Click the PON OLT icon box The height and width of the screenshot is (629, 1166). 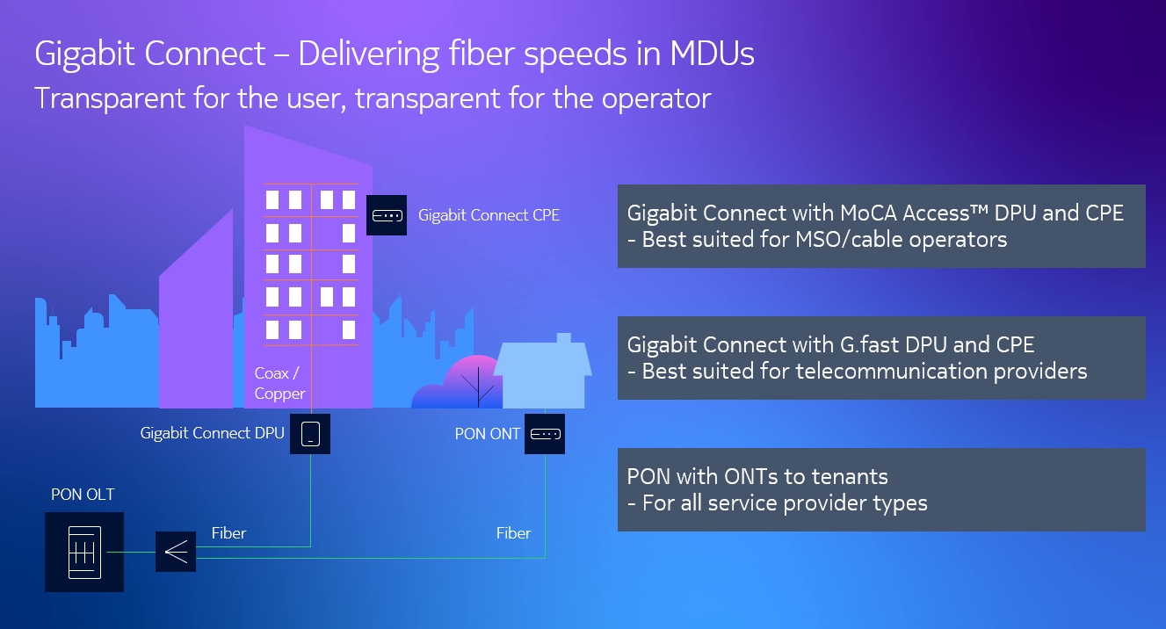(x=84, y=552)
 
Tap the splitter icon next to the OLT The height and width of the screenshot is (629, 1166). (x=176, y=552)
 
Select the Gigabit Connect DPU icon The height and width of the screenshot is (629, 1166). (x=309, y=433)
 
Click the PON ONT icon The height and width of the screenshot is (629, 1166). (x=545, y=434)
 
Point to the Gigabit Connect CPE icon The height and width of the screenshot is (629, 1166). (x=387, y=215)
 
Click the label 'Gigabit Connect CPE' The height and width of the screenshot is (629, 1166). (x=489, y=215)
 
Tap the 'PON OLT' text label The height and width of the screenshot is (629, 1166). (x=83, y=495)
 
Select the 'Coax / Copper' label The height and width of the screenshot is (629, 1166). (x=279, y=384)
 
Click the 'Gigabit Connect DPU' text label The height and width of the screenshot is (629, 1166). (x=212, y=433)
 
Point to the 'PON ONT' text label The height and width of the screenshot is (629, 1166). (x=488, y=434)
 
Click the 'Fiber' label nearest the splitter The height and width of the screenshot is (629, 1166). (x=228, y=533)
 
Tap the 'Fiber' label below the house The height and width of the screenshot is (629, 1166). (x=513, y=533)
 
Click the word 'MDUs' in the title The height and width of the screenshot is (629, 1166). (x=712, y=54)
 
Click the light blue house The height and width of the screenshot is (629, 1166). (x=541, y=374)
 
